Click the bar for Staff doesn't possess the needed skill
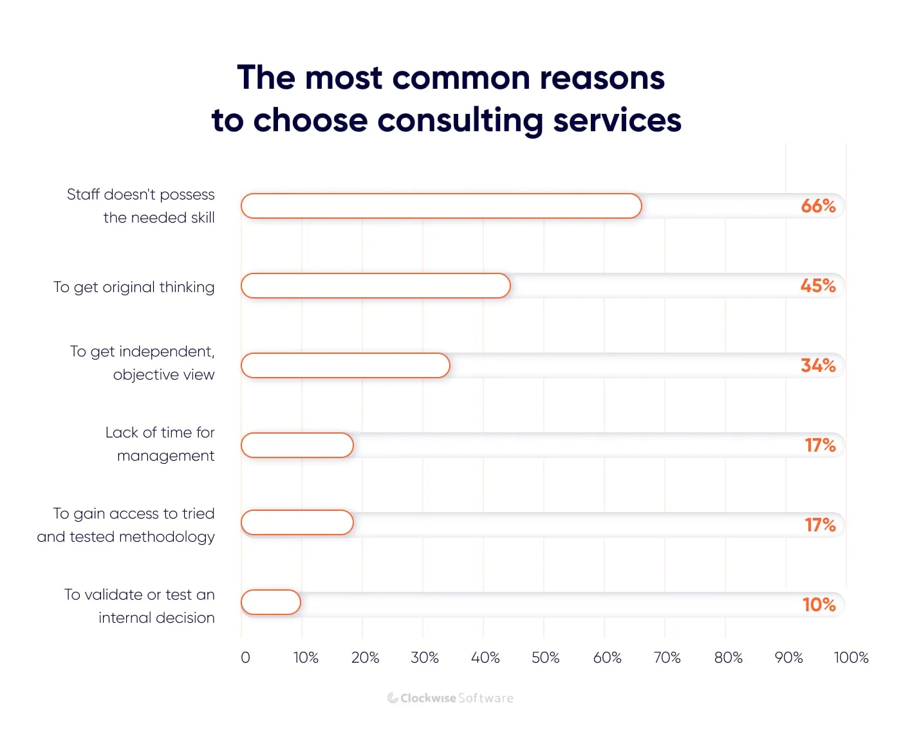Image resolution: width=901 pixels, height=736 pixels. pos(441,206)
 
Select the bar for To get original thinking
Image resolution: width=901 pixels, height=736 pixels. pos(376,286)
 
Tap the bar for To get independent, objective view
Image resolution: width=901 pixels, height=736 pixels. pos(346,365)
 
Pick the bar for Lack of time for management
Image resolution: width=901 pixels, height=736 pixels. pos(297,445)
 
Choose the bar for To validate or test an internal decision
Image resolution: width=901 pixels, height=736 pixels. pos(271,602)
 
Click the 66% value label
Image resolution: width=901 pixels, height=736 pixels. pos(818,206)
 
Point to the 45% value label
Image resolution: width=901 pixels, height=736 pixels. pos(818,286)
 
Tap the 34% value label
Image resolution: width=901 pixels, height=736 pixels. pos(818,365)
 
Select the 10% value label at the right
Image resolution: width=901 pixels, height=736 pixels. pos(819,605)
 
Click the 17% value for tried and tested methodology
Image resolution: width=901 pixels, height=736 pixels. pos(820,525)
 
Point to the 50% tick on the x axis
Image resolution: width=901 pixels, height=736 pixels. pos(545,658)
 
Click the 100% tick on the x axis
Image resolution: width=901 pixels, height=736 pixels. pos(851,658)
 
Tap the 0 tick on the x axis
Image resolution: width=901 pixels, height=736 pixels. pos(245,658)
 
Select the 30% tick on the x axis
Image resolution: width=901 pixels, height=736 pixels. pos(425,658)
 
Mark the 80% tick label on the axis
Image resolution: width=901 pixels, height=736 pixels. pos(728,658)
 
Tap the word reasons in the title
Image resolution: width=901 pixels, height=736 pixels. pos(602,78)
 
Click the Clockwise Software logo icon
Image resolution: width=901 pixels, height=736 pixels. pos(393,698)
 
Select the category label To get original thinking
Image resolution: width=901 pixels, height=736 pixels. pos(134,287)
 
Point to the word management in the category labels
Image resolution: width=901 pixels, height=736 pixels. pos(165,456)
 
